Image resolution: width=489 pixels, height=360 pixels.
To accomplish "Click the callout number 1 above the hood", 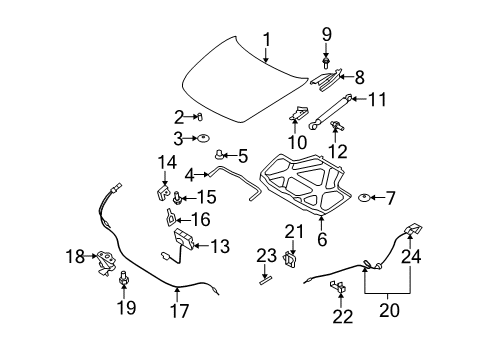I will coord(267,40).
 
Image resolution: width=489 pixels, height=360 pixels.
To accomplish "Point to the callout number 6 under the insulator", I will coord(322,239).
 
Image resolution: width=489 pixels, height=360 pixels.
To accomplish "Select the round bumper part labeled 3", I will coord(203,137).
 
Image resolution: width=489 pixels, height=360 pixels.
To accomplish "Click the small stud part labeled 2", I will coord(198,116).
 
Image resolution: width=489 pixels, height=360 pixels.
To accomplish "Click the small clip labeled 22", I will coord(337,289).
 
